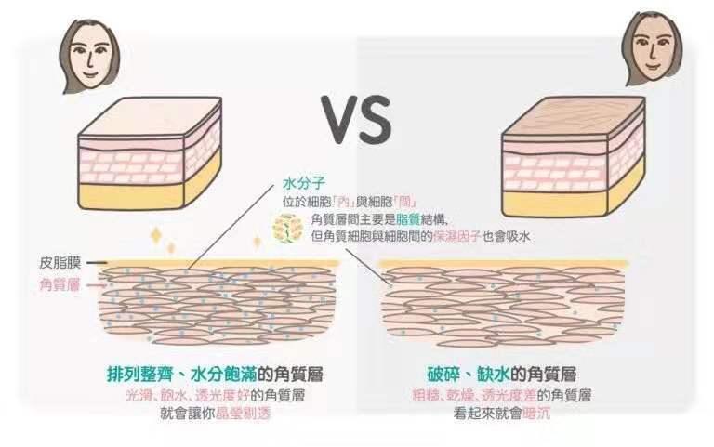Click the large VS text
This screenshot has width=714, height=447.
tap(356, 119)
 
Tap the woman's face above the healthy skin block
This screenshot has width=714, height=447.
tap(90, 56)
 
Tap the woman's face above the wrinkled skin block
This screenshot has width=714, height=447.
tap(652, 49)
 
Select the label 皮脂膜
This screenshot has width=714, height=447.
tap(60, 263)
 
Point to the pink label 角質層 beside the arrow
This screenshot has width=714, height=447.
tap(60, 285)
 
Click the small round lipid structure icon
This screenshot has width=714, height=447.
tap(288, 228)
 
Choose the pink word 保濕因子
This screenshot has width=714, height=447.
tap(456, 236)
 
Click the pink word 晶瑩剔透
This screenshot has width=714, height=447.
tap(243, 413)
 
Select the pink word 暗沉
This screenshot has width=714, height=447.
tap(536, 413)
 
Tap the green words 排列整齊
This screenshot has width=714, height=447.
tap(140, 375)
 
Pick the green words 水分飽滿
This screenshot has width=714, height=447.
tap(223, 375)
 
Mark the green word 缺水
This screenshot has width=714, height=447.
tap(493, 375)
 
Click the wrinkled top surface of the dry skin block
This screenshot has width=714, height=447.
tap(575, 115)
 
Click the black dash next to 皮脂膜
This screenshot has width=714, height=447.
tap(97, 263)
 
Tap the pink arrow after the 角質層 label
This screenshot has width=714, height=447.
tap(96, 285)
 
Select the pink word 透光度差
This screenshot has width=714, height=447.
tap(509, 395)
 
